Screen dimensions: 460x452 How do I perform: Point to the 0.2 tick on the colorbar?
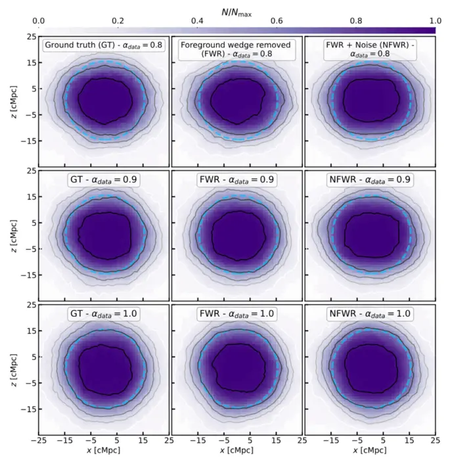[118, 21]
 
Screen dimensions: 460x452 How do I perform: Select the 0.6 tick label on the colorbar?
[276, 21]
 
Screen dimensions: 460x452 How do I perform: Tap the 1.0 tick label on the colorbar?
[435, 21]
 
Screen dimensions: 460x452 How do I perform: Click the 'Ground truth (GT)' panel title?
[103, 45]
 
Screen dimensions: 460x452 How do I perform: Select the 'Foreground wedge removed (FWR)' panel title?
[236, 50]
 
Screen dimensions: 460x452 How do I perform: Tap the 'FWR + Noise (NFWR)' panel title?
[368, 50]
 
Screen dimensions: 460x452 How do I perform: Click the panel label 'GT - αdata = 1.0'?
[103, 313]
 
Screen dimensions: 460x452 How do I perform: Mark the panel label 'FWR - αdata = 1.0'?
[236, 313]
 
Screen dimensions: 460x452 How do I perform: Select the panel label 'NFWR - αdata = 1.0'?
[368, 313]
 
